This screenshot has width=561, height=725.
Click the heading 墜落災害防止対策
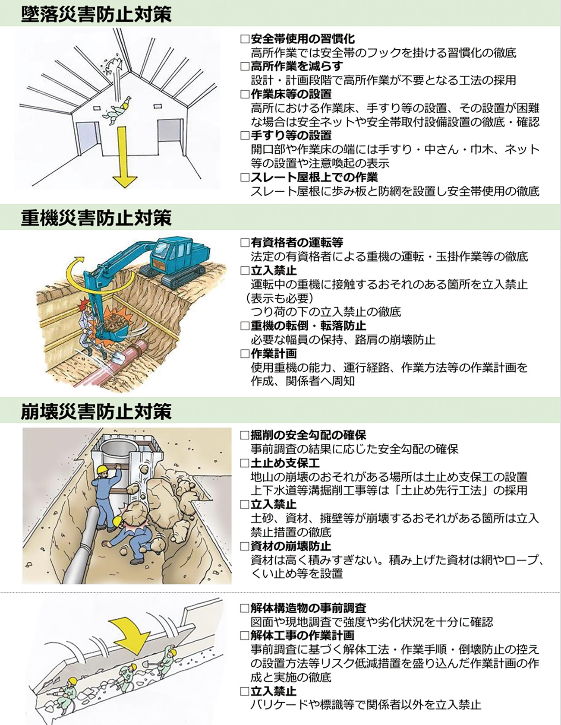pyautogui.click(x=96, y=14)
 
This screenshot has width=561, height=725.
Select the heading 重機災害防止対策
pyautogui.click(x=96, y=218)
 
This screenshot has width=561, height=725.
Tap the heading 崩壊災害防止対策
pyautogui.click(x=96, y=411)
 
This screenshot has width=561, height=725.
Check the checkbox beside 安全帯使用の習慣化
pyautogui.click(x=245, y=39)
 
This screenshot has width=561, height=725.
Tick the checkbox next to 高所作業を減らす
pyautogui.click(x=245, y=66)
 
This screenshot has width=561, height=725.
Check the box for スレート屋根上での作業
pyautogui.click(x=245, y=177)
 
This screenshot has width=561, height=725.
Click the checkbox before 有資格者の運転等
pyautogui.click(x=245, y=243)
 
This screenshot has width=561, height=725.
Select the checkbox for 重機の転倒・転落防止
pyautogui.click(x=245, y=326)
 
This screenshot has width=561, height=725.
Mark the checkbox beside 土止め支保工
pyautogui.click(x=245, y=463)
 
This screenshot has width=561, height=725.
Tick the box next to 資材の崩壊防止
pyautogui.click(x=245, y=546)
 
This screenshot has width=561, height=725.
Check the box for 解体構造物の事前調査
pyautogui.click(x=245, y=608)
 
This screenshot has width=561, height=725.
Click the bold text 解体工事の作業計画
pyautogui.click(x=302, y=636)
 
